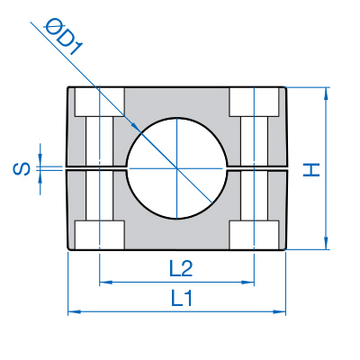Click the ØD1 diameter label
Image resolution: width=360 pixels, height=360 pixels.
(x=63, y=37)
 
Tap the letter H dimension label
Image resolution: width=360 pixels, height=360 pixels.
(x=311, y=170)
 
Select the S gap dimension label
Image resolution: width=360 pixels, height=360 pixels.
(x=22, y=169)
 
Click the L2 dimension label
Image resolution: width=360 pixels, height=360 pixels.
(x=181, y=268)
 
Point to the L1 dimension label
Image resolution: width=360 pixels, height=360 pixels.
(x=182, y=298)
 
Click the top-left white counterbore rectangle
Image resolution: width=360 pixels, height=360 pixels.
(x=100, y=102)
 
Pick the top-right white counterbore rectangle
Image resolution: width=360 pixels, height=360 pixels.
(x=255, y=102)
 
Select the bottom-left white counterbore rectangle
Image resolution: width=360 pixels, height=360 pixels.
(x=100, y=235)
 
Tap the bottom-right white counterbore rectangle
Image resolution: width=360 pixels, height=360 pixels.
(x=255, y=235)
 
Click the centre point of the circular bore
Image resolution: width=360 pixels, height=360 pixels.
(x=177, y=168)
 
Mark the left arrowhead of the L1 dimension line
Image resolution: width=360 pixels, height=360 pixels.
(x=73, y=312)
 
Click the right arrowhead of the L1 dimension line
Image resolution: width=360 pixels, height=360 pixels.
(x=281, y=312)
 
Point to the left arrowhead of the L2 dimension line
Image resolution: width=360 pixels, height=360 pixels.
(x=104, y=283)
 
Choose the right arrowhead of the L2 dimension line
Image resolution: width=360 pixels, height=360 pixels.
(x=249, y=283)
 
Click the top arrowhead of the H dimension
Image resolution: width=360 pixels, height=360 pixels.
(x=326, y=93)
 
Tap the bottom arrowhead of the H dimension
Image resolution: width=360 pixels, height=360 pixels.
(x=326, y=244)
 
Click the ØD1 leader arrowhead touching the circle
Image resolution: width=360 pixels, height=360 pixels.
(x=137, y=128)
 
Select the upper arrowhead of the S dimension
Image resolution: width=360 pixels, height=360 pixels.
(x=40, y=159)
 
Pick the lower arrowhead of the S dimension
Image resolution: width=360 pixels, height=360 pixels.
(x=40, y=177)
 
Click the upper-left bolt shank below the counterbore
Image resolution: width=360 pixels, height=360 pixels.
(x=100, y=141)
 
